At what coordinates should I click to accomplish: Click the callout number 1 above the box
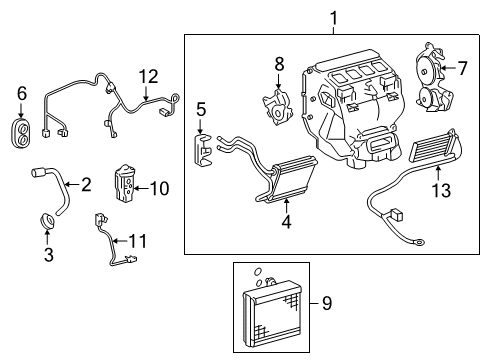tap(333, 17)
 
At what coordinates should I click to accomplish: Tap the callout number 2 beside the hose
tap(86, 184)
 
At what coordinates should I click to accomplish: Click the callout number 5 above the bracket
tap(201, 109)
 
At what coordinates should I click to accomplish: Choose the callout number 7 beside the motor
tap(462, 69)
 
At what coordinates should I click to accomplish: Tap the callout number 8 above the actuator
tap(280, 64)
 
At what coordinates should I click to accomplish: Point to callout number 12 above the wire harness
tap(148, 75)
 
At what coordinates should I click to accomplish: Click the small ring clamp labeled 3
tap(45, 220)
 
